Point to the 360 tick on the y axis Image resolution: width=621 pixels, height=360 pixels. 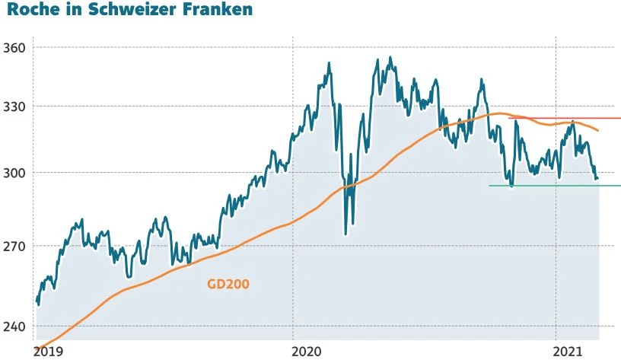point(15,47)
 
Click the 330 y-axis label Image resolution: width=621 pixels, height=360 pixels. point(15,107)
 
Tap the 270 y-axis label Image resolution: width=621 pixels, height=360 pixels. point(15,247)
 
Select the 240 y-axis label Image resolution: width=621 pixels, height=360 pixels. point(15,327)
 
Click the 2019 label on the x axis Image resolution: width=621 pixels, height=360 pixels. point(49,351)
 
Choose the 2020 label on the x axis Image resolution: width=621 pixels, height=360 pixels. point(307,351)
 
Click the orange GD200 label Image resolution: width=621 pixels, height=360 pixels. point(228,285)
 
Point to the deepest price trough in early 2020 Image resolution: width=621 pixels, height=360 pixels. point(346,233)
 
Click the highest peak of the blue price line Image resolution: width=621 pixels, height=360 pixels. point(390,57)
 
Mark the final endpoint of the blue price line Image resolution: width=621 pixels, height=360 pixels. point(597,179)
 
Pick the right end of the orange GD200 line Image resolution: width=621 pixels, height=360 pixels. point(597,130)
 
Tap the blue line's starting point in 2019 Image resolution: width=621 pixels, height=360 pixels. point(37,303)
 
